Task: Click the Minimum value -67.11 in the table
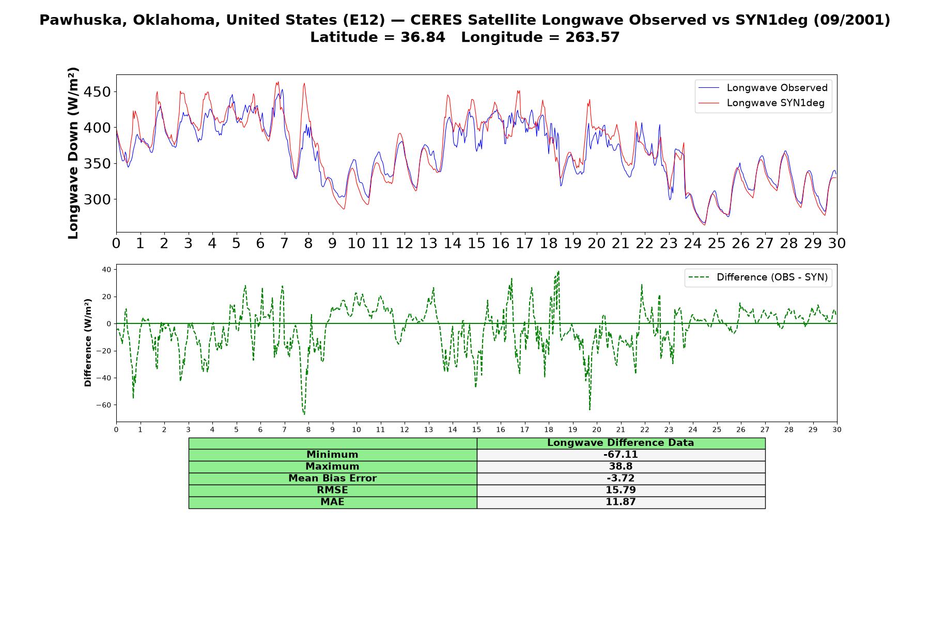tap(621, 455)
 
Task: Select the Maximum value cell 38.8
tap(621, 467)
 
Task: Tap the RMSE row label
tap(332, 490)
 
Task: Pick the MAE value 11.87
tap(621, 502)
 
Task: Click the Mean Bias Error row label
tap(332, 478)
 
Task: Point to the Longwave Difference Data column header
tap(621, 443)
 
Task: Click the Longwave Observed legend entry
tap(763, 88)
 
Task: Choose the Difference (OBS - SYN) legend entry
tap(758, 277)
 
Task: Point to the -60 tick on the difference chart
tap(103, 405)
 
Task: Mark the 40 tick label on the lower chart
tap(107, 270)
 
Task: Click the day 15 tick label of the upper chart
tap(476, 243)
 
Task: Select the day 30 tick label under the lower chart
tap(837, 430)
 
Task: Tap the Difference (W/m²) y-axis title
tap(88, 343)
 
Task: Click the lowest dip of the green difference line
tap(304, 414)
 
